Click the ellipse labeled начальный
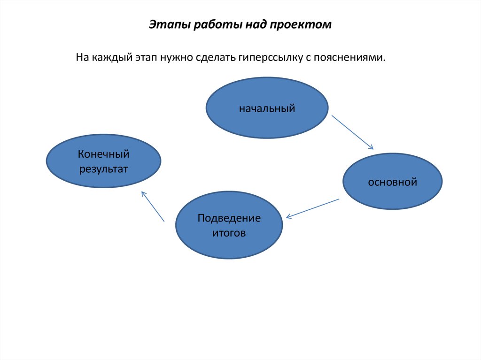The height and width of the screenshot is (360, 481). [267, 108]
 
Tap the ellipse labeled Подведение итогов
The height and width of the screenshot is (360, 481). [229, 225]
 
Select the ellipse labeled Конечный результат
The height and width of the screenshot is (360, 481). [103, 161]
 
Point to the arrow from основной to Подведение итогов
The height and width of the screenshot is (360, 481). [312, 208]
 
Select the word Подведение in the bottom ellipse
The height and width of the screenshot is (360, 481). [229, 219]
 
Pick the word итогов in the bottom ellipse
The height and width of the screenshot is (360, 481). [229, 233]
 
